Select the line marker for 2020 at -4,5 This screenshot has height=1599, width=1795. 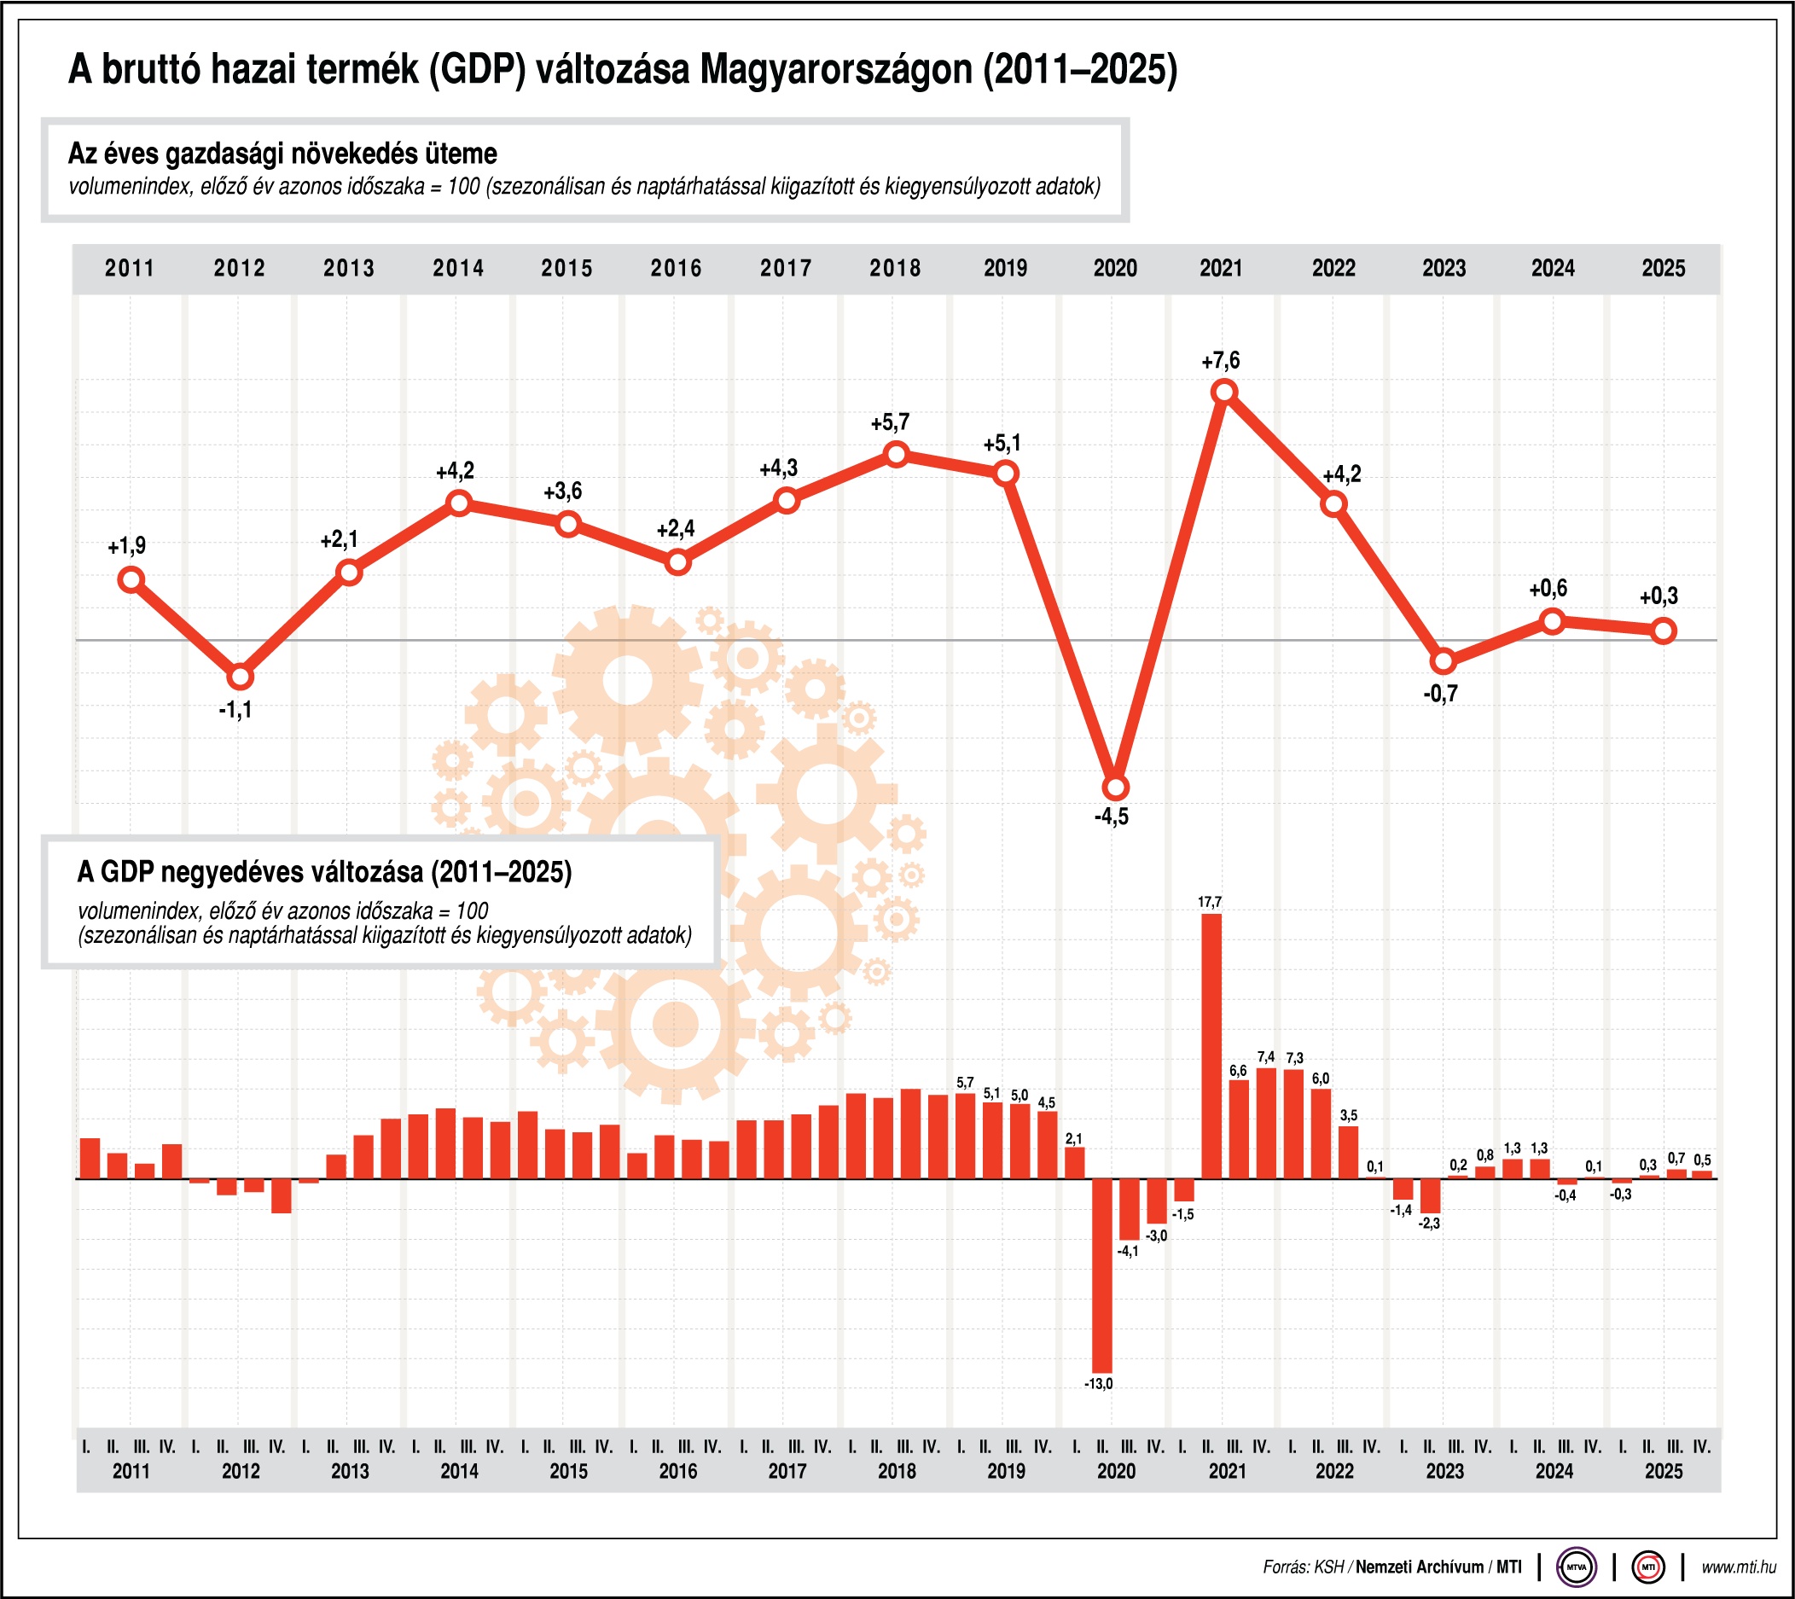click(x=1115, y=788)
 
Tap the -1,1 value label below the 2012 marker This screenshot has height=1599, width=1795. click(x=235, y=710)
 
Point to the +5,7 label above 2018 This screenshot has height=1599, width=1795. click(x=890, y=423)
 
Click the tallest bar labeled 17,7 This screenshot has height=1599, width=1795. click(x=1211, y=1045)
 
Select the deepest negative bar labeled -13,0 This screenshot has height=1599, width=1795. click(x=1101, y=1275)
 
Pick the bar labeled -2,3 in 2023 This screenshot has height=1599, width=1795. click(x=1430, y=1195)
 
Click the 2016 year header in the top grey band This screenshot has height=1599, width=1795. click(x=677, y=268)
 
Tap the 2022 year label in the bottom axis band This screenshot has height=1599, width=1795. click(x=1333, y=1472)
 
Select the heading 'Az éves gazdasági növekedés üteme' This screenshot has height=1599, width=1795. click(x=282, y=154)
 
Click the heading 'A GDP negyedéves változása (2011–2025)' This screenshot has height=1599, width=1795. click(x=324, y=871)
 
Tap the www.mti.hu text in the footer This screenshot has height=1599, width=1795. click(x=1738, y=1567)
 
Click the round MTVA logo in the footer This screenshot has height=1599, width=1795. click(x=1577, y=1567)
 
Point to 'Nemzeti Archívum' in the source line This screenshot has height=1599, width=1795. click(x=1419, y=1567)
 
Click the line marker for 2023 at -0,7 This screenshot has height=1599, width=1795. click(x=1443, y=661)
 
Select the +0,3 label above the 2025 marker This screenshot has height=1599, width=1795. click(x=1658, y=596)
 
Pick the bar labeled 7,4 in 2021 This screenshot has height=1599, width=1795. click(x=1265, y=1122)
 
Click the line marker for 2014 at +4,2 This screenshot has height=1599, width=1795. click(x=459, y=503)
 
